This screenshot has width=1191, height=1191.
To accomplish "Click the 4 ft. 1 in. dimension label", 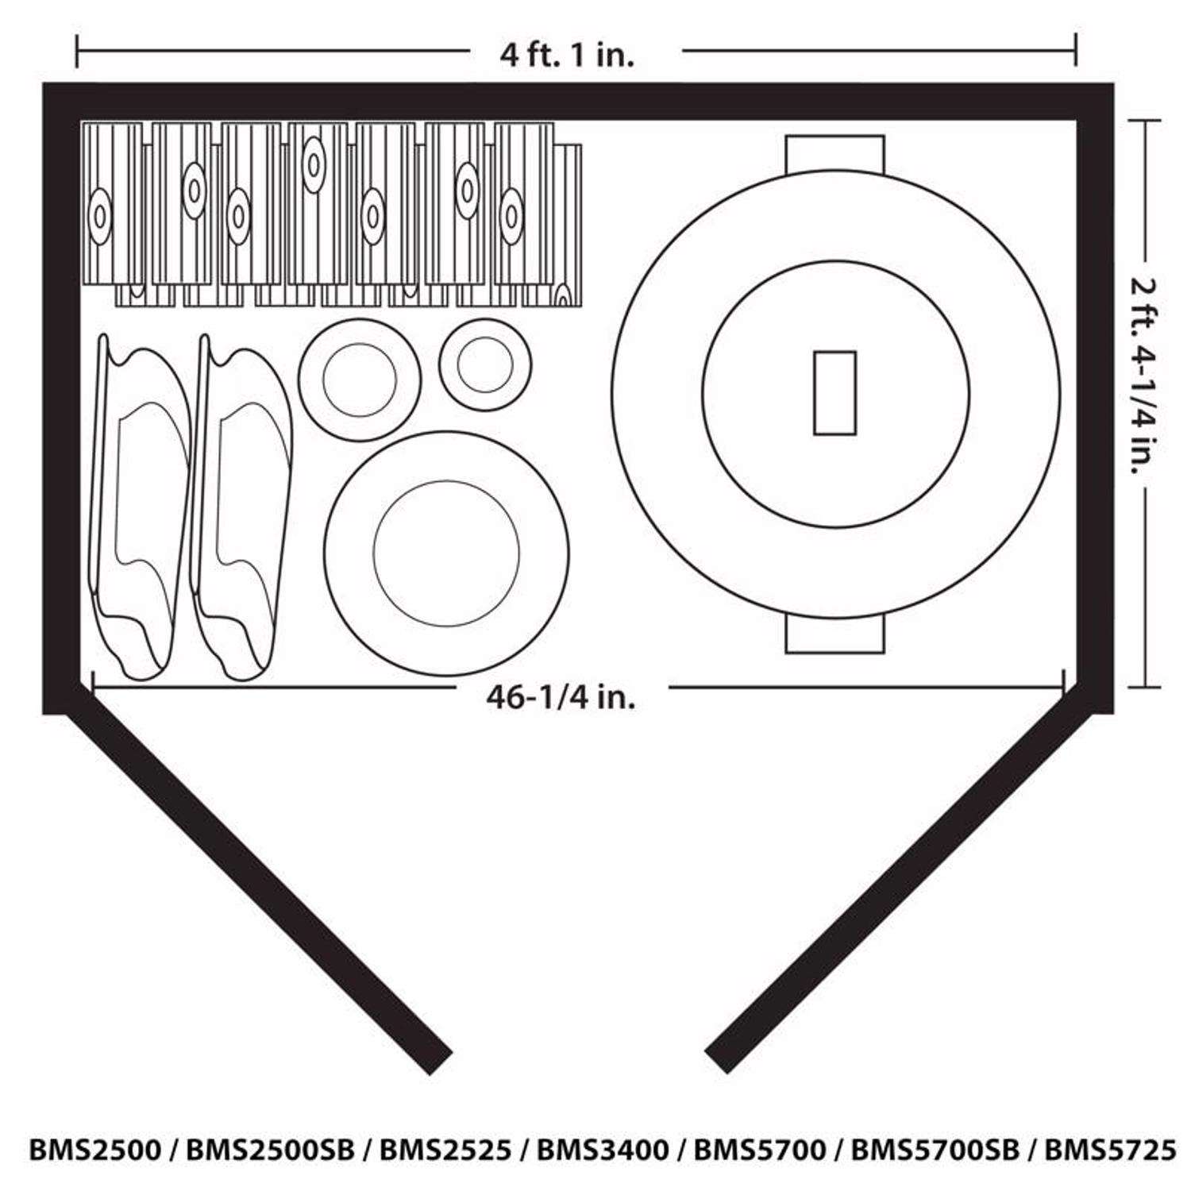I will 567,56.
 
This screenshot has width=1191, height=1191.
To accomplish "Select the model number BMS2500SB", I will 270,1150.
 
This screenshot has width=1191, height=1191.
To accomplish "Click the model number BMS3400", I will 603,1150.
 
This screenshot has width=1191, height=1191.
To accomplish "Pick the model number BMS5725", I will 1109,1150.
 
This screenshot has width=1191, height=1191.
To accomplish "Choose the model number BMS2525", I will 445,1150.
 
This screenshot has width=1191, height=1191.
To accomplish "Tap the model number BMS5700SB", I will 935,1150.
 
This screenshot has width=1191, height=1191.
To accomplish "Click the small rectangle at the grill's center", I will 834,393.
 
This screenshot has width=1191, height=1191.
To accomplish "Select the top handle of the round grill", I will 834,151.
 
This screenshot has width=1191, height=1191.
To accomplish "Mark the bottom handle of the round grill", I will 834,637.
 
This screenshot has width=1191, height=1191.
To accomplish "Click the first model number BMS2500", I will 94,1150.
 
